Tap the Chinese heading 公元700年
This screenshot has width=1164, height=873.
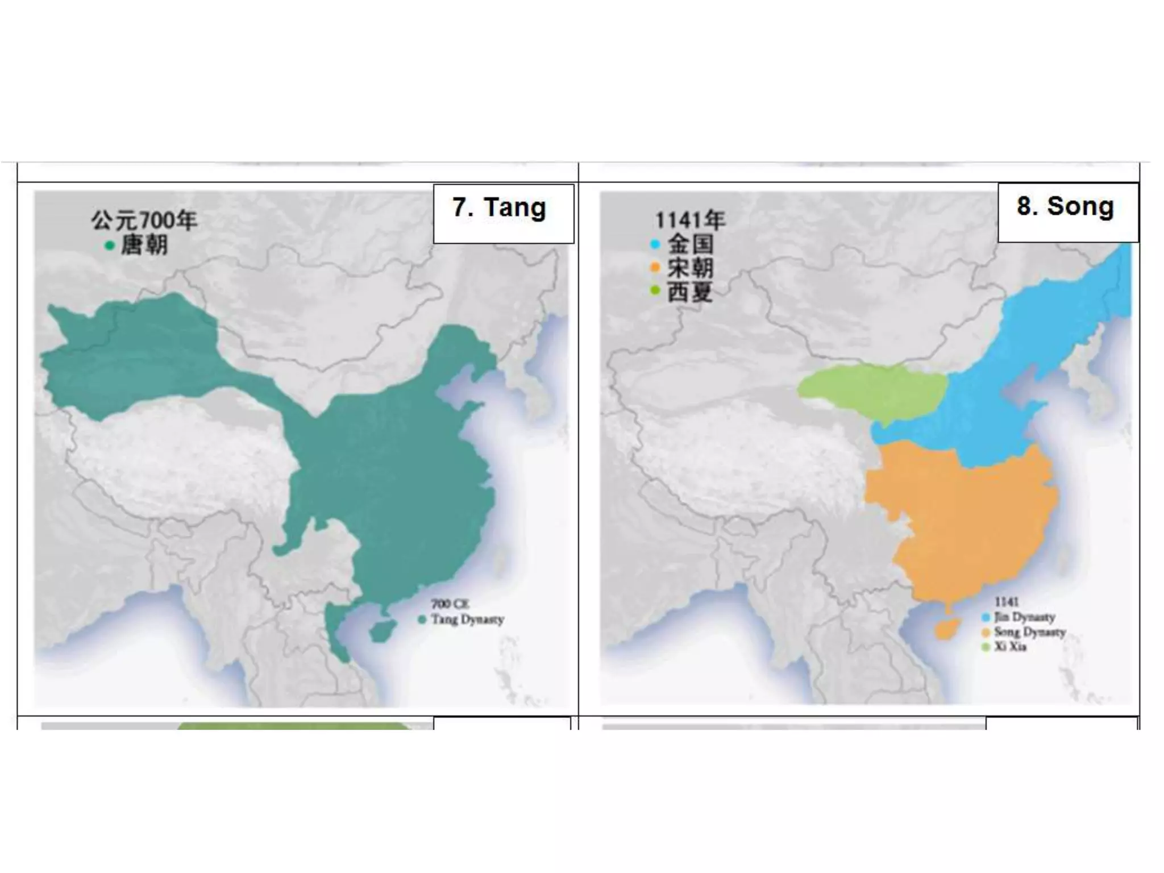click(x=144, y=221)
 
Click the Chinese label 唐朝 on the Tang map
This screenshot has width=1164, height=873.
click(x=144, y=246)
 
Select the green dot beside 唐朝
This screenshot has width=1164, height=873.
click(x=110, y=246)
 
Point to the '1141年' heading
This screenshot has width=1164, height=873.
click(x=691, y=221)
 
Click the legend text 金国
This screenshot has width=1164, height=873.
click(x=691, y=244)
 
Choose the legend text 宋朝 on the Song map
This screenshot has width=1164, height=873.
click(x=691, y=268)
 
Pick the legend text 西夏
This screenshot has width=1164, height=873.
click(x=690, y=292)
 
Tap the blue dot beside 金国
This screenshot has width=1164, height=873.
click(x=655, y=244)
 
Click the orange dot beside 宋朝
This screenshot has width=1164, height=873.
click(x=655, y=267)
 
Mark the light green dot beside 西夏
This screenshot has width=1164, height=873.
click(x=655, y=291)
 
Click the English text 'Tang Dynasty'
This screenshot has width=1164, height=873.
click(x=468, y=620)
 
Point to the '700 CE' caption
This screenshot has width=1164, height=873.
click(x=450, y=604)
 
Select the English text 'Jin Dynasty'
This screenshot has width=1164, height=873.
click(x=1025, y=617)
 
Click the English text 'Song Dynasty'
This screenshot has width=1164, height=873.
click(x=1030, y=632)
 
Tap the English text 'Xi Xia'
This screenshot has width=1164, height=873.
click(x=1010, y=647)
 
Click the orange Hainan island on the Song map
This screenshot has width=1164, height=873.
click(x=946, y=628)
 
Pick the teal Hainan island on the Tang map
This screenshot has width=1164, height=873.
click(x=382, y=630)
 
